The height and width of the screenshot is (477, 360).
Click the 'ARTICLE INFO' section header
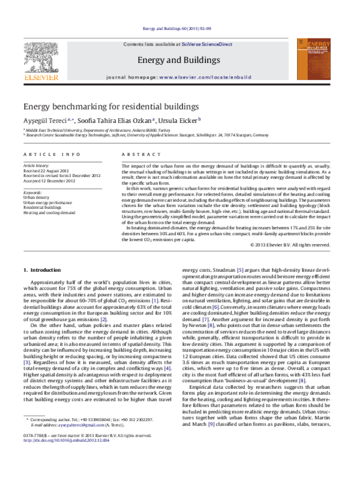pos(46,155)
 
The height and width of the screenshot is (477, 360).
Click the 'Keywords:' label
pos(34,191)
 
